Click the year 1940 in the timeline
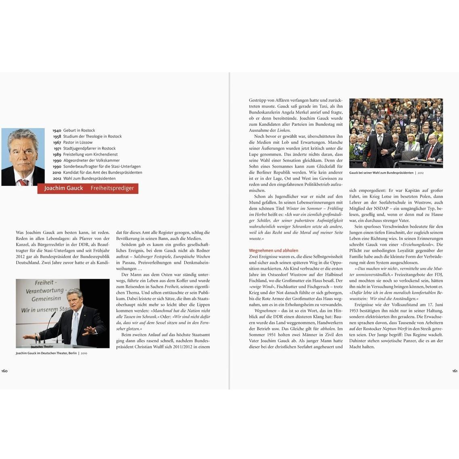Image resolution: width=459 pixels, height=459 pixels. pyautogui.click(x=57, y=131)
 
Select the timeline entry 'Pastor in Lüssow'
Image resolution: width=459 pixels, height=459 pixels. pyautogui.click(x=78, y=143)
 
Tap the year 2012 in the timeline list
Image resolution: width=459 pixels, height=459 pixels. pyautogui.click(x=57, y=179)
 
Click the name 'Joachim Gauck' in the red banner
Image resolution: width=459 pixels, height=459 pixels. pyautogui.click(x=63, y=188)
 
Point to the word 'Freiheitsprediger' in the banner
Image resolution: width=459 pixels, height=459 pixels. pyautogui.click(x=112, y=188)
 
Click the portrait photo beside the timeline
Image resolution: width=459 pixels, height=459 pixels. pyautogui.click(x=23, y=157)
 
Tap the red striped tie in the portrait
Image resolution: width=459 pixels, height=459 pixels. pyautogui.click(x=24, y=182)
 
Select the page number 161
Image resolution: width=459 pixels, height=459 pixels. pyautogui.click(x=455, y=371)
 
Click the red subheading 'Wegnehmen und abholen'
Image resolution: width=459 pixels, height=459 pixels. pyautogui.click(x=274, y=251)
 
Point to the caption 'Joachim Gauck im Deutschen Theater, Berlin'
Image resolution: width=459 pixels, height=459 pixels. pyautogui.click(x=46, y=353)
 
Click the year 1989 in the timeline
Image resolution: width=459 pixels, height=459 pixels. pyautogui.click(x=57, y=155)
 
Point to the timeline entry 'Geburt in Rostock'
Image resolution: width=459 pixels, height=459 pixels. pyautogui.click(x=79, y=131)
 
